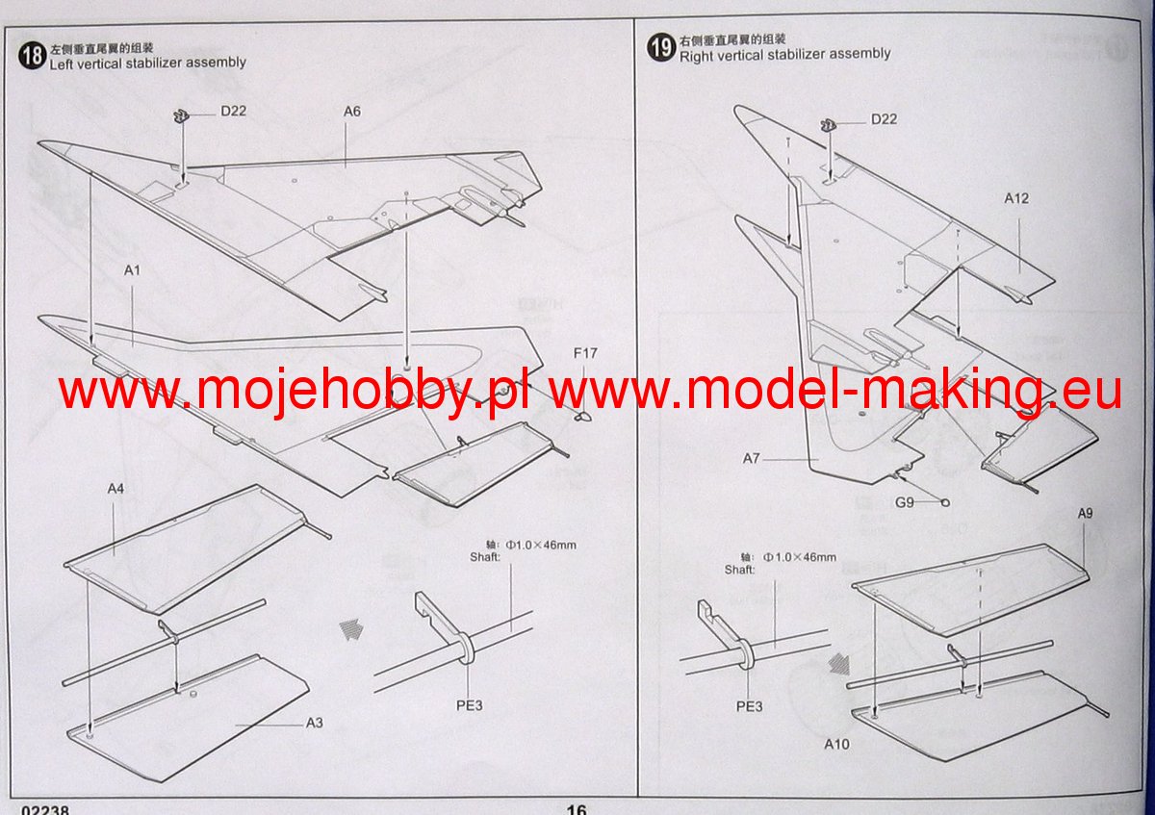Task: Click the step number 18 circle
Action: tap(32, 56)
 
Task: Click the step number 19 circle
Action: tap(661, 48)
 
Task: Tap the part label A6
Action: tap(351, 112)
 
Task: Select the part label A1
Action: tap(133, 270)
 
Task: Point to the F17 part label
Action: tap(585, 353)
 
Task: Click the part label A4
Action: tap(115, 489)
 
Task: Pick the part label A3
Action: tap(316, 723)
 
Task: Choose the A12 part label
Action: tap(1016, 199)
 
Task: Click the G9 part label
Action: tap(905, 502)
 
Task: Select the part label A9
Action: tap(1085, 514)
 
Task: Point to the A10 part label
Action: tap(837, 744)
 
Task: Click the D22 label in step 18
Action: tap(233, 111)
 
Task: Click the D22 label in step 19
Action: tap(884, 119)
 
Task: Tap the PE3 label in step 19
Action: tap(749, 705)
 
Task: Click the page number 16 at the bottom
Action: tap(577, 810)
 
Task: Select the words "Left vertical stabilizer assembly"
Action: tap(147, 63)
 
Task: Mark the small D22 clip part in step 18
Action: tap(180, 116)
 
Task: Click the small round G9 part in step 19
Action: tap(945, 502)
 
